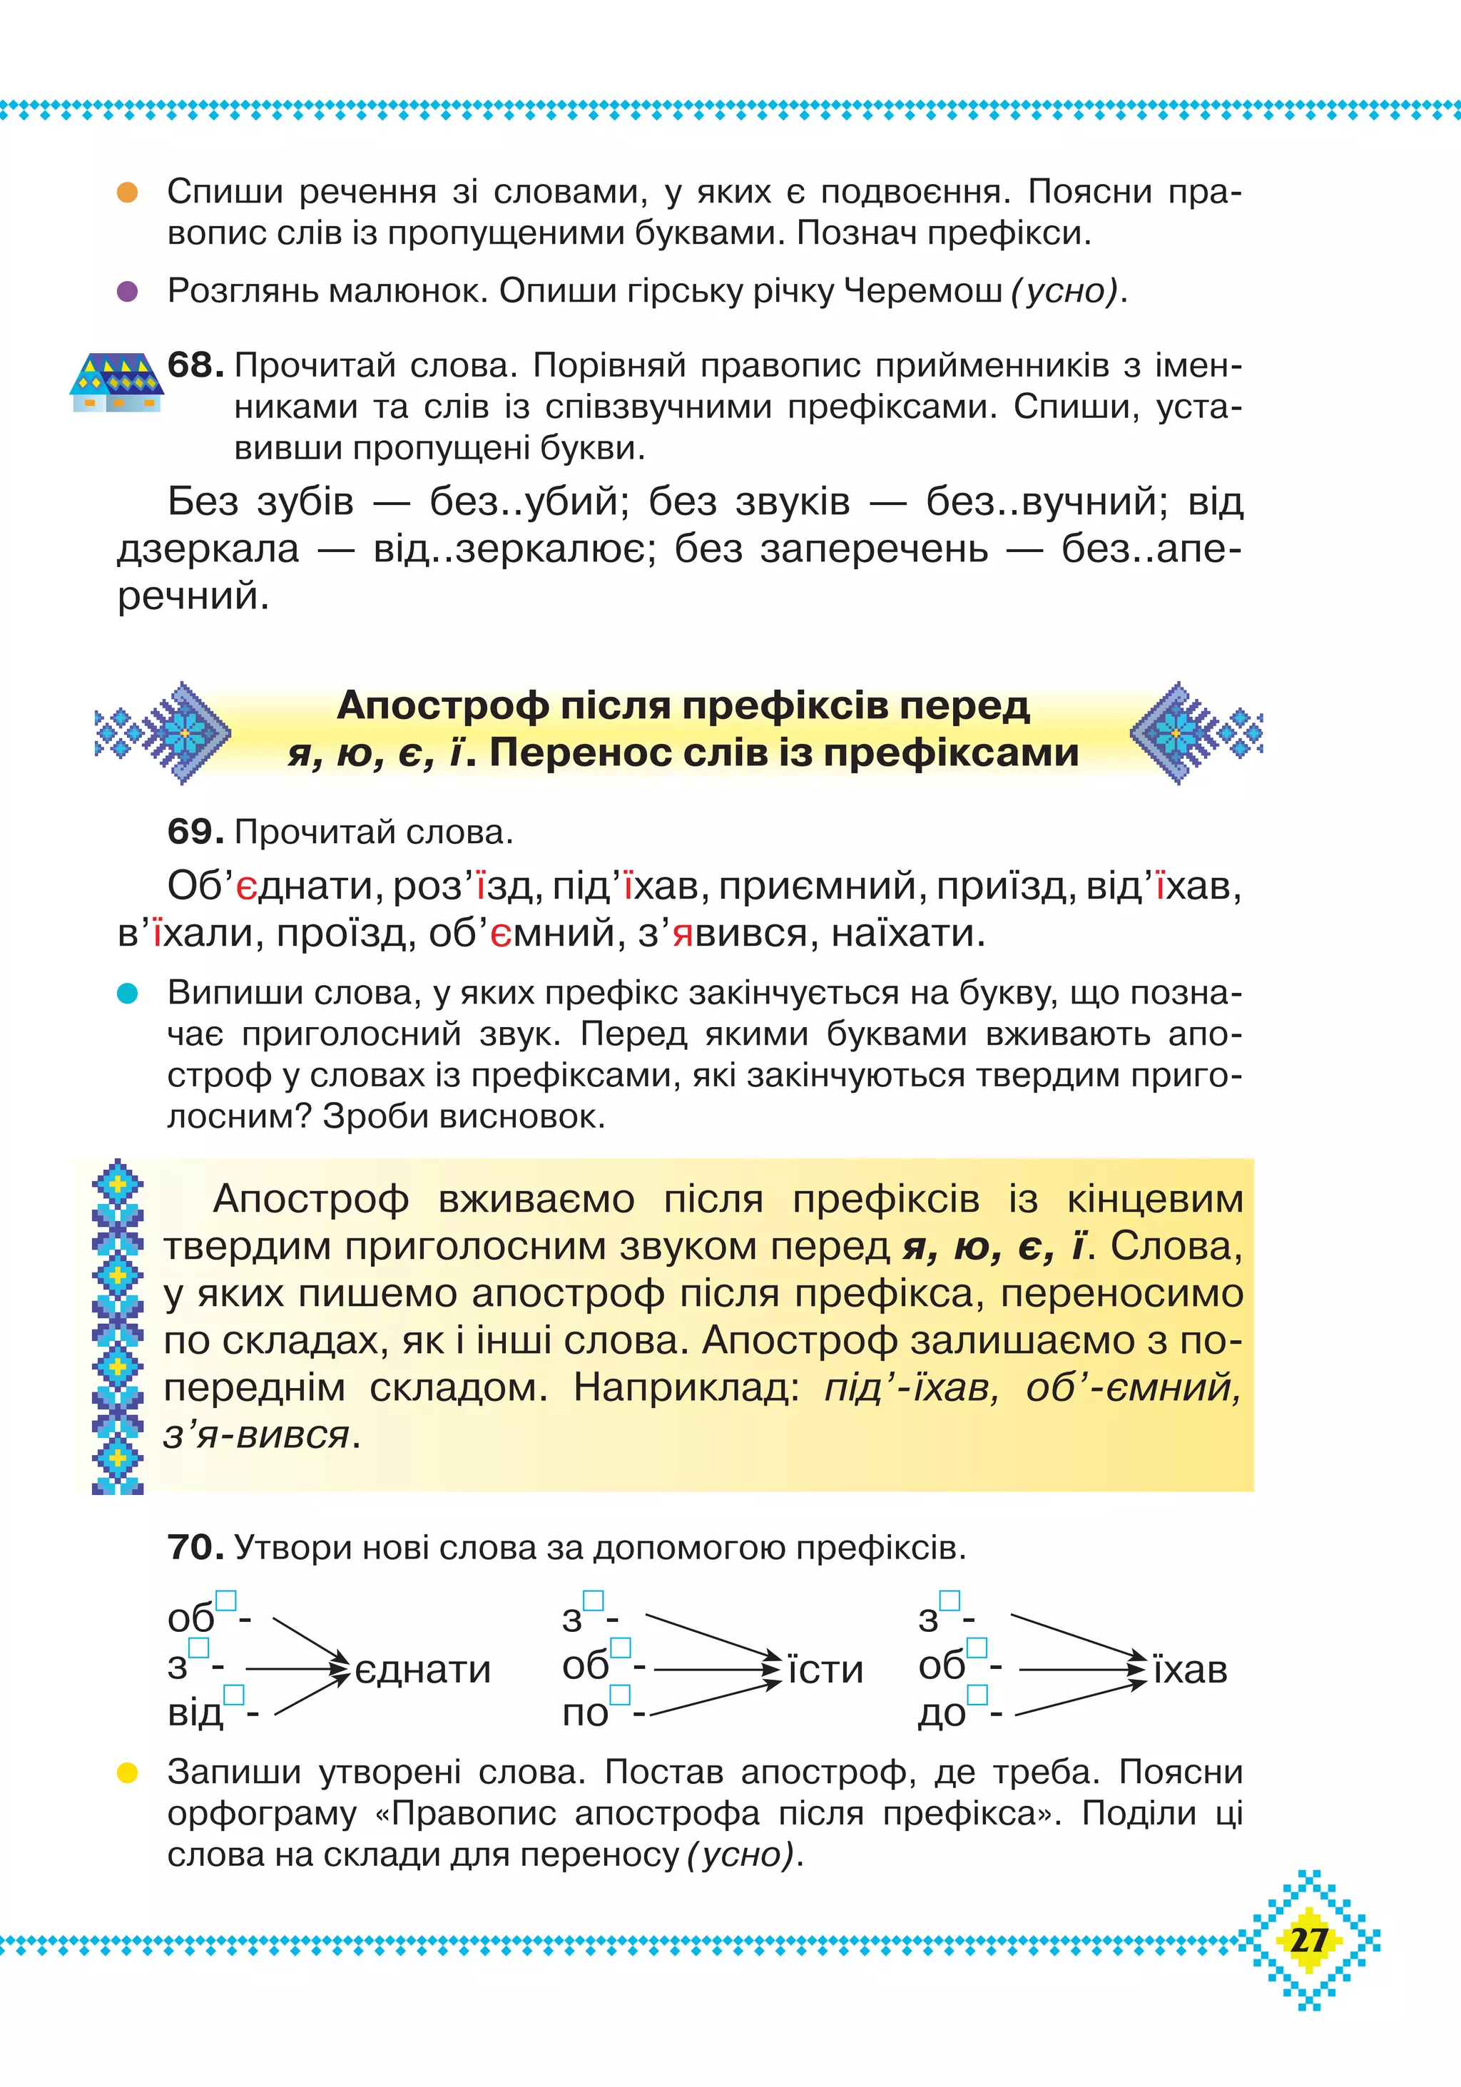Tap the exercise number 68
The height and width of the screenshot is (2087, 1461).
coord(195,365)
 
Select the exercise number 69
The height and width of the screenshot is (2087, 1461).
coord(195,832)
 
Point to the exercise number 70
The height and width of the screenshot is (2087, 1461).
coord(195,1546)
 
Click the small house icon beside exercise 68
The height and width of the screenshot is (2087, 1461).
coord(116,382)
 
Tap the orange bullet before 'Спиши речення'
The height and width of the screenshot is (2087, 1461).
coord(127,193)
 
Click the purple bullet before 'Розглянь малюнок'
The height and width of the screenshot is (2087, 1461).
coord(127,292)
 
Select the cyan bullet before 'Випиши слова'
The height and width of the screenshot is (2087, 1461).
coord(127,994)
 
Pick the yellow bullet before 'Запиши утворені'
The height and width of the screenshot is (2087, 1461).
coord(127,1772)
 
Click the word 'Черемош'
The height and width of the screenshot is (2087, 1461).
coord(923,292)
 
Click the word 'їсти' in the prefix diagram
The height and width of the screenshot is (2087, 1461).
coord(825,1670)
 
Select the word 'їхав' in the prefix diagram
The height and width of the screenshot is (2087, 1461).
coord(1190,1670)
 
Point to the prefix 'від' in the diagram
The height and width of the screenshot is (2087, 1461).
coord(195,1713)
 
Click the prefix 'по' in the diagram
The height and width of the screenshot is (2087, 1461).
coord(584,1713)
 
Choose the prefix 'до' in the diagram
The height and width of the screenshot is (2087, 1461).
coord(942,1713)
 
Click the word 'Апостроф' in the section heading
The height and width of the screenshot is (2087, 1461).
coord(443,705)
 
